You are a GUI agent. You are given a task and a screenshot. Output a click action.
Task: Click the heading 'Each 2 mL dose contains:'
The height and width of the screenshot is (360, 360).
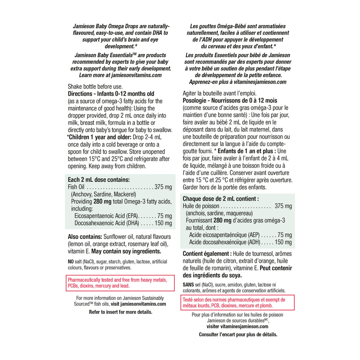[x=99, y=179]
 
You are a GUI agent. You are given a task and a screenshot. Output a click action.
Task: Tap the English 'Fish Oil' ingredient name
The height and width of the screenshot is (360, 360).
[x=76, y=187]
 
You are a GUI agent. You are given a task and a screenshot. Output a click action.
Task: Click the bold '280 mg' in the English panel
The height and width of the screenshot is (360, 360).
[x=100, y=201]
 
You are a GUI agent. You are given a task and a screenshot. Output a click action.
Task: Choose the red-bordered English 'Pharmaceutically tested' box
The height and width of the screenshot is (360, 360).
[x=120, y=283]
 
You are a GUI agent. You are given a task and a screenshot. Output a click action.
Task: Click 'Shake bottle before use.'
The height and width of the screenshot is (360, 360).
[x=95, y=87]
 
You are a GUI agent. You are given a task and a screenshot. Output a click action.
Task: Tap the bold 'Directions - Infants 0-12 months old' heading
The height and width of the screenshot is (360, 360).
[x=111, y=94]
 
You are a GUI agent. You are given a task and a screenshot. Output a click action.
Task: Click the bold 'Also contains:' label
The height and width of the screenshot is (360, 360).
[x=85, y=237]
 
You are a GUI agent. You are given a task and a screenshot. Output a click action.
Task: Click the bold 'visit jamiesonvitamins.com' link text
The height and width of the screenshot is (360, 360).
[x=138, y=304]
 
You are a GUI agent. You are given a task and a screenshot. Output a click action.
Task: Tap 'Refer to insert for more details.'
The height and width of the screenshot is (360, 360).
[x=120, y=312]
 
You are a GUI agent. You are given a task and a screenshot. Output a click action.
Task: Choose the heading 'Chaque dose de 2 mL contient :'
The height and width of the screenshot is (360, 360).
[x=221, y=199]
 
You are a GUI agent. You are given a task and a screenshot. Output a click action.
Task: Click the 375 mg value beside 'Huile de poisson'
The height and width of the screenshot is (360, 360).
[x=283, y=206]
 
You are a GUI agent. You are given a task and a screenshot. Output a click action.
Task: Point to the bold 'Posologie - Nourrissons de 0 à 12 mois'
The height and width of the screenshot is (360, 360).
[x=230, y=100]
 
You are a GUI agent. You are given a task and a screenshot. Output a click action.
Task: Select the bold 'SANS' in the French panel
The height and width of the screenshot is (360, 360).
[x=188, y=284]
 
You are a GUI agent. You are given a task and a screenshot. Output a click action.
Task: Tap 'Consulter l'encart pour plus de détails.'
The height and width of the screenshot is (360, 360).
[x=238, y=334]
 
